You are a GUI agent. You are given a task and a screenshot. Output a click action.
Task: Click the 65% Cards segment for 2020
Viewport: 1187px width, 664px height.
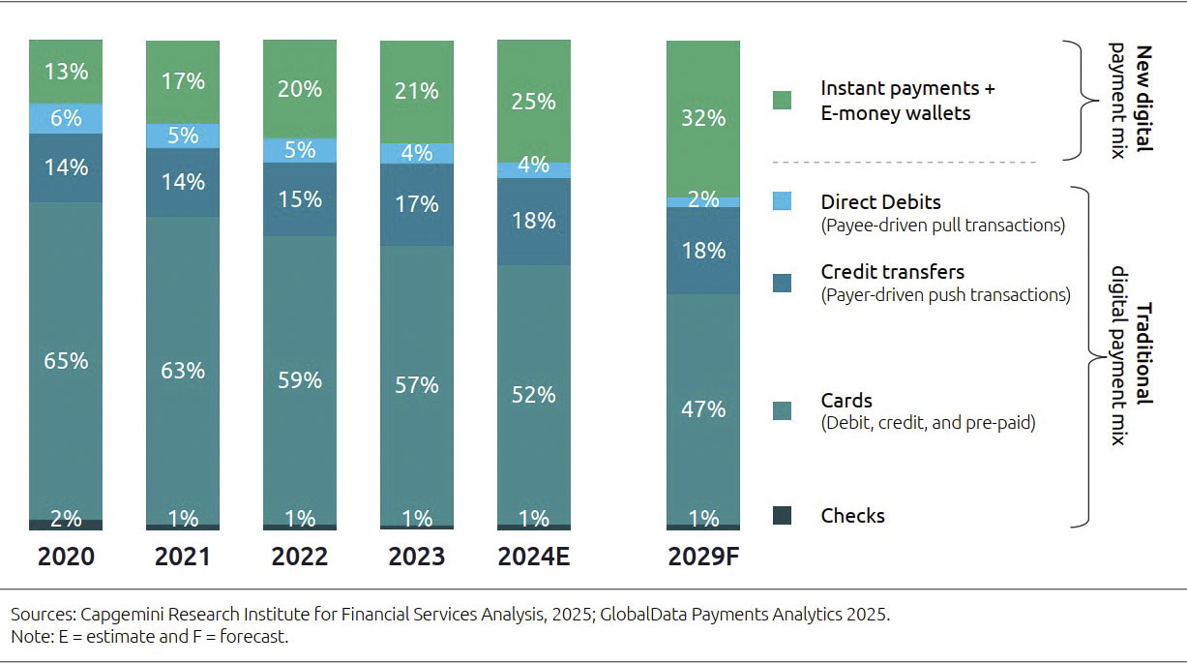point(66,361)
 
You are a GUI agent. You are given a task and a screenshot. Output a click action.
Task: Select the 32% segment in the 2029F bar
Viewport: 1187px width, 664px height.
point(703,118)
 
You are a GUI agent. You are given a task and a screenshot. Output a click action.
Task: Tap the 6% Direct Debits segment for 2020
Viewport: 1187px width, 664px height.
point(66,118)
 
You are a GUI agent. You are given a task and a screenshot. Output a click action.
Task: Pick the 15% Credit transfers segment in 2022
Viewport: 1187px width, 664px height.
point(300,198)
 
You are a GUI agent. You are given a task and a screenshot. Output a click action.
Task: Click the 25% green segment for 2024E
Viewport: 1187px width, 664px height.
point(534,101)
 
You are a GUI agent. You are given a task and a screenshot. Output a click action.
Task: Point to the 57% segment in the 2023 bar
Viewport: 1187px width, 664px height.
point(417,385)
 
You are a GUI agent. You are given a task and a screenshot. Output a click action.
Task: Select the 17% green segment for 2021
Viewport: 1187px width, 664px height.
point(183,81)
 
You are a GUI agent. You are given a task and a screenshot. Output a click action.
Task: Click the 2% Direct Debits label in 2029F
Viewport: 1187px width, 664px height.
point(703,200)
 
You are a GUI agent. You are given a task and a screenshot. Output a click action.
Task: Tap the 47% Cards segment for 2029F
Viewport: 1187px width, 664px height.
point(703,409)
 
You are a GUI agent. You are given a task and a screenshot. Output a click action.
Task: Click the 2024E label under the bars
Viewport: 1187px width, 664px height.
point(534,558)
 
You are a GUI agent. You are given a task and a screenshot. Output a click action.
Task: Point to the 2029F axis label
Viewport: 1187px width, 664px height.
point(703,558)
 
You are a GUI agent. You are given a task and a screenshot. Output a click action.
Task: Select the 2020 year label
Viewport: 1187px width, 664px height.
point(66,558)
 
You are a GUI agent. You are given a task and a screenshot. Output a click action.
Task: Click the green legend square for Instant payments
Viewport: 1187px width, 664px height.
point(782,101)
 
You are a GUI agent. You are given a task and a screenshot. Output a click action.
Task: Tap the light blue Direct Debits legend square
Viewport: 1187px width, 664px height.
point(782,201)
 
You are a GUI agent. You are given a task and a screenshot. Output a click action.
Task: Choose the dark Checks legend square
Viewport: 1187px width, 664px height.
point(782,516)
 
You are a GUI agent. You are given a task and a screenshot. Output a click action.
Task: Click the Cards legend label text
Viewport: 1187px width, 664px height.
point(846,401)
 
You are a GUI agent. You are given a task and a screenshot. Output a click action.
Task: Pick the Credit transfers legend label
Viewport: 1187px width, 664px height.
point(892,272)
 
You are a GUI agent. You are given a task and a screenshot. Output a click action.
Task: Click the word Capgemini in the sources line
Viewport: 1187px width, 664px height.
point(120,615)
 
